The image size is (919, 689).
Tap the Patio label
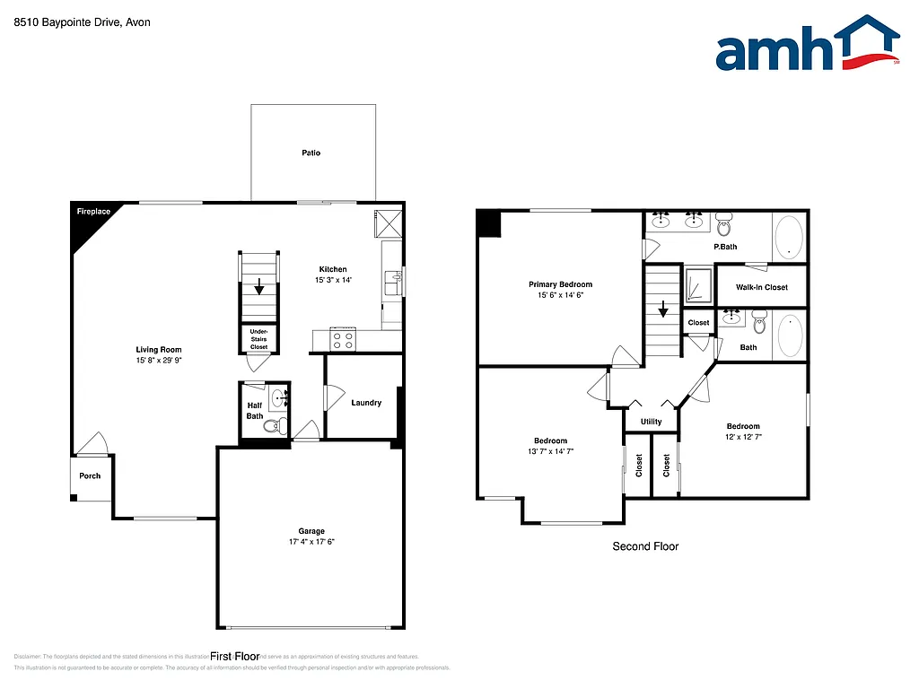311,153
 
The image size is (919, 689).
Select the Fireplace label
93,212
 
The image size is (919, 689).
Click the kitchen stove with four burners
343,339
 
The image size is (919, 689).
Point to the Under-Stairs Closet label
258,339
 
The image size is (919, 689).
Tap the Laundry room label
366,403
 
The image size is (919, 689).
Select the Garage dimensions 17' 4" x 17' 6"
311,542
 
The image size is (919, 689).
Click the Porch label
90,475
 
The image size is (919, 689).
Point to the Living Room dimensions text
159,361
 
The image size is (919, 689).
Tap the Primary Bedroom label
560,284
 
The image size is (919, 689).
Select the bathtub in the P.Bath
790,236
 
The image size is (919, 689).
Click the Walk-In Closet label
762,287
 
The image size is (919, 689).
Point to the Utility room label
651,422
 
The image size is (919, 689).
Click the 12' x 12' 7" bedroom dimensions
743,437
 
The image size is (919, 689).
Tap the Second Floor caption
645,546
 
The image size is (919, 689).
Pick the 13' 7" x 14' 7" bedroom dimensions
550,451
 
